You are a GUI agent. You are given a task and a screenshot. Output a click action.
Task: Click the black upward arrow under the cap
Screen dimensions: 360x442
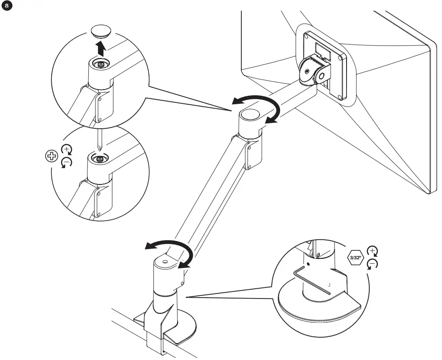coord(102,47)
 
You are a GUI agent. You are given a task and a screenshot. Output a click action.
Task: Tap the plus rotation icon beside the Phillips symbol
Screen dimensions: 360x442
coord(66,149)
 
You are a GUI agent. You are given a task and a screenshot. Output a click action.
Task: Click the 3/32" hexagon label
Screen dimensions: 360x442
coord(356,258)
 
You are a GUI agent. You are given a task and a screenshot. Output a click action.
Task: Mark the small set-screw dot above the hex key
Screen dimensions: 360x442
coord(309,264)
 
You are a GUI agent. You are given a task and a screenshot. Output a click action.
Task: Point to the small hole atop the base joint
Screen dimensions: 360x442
coord(165,262)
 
